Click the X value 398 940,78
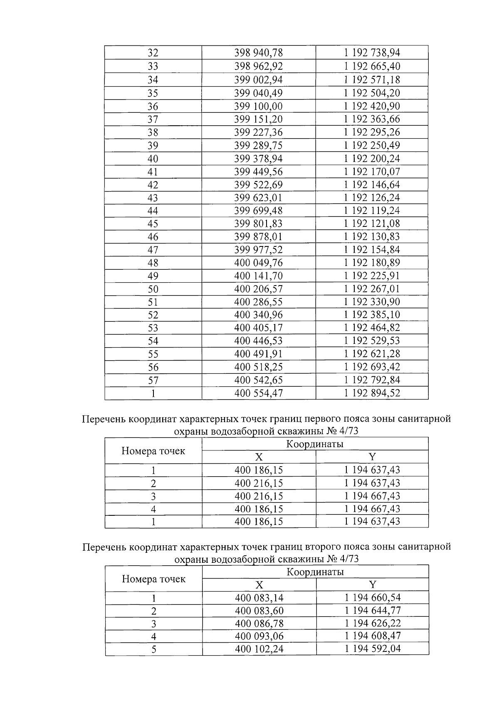click(258, 53)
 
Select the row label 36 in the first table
click(153, 106)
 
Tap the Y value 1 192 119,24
click(372, 211)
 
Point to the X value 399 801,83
click(258, 224)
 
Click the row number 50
click(153, 289)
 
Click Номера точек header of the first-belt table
click(153, 451)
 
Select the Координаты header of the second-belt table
click(315, 572)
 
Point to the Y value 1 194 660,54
click(373, 598)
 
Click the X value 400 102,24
click(259, 649)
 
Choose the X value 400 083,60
click(259, 611)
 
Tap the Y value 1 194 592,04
click(373, 649)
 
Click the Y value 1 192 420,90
click(372, 106)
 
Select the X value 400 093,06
click(259, 636)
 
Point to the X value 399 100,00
click(258, 106)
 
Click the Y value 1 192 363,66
click(372, 119)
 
